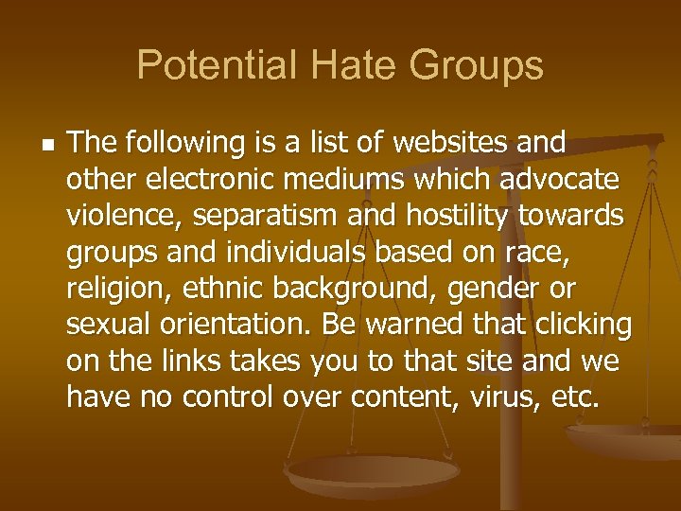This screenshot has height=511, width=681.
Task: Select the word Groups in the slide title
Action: [477, 65]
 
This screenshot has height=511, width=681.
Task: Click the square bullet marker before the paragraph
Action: [47, 144]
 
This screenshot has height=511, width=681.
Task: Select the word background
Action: [352, 287]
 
